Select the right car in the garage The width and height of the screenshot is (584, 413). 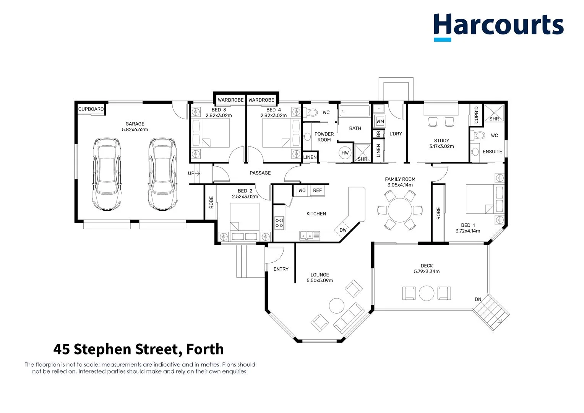(x=163, y=174)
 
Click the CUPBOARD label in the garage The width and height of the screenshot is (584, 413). (x=91, y=109)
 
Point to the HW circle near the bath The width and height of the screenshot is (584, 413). (x=345, y=153)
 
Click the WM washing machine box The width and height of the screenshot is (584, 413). (x=380, y=121)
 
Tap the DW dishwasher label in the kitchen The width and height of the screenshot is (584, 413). (x=343, y=230)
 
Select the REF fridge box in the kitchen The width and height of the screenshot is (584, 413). (x=317, y=190)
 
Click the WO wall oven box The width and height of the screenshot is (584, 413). (x=302, y=190)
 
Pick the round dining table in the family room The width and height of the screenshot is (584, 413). (x=400, y=210)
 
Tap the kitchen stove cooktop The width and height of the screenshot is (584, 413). (x=279, y=223)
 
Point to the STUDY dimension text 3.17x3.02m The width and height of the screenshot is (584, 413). (x=441, y=146)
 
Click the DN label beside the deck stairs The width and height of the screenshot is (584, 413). (x=478, y=299)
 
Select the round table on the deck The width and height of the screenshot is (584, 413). (x=427, y=293)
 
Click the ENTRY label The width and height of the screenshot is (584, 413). (x=281, y=269)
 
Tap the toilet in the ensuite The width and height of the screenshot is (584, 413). (x=478, y=135)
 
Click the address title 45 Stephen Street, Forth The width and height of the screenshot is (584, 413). (x=138, y=349)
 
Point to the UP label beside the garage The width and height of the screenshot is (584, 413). (x=191, y=173)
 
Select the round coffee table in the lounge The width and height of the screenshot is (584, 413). (x=337, y=306)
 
